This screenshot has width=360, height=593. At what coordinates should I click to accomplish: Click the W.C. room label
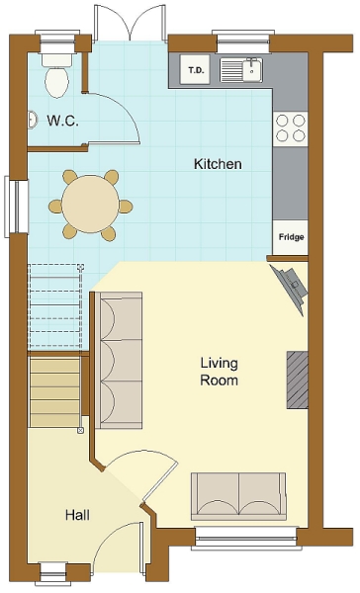(63, 121)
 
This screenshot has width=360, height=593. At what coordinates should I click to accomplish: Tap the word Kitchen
(218, 164)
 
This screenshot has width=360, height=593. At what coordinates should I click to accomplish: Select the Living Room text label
(219, 372)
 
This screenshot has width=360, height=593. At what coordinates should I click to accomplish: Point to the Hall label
(77, 515)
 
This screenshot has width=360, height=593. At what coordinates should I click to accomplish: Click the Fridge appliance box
(291, 237)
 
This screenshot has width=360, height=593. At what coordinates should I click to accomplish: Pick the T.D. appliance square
(196, 69)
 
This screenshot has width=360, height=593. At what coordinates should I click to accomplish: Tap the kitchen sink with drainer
(241, 70)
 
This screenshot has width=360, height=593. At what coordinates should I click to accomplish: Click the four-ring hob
(291, 127)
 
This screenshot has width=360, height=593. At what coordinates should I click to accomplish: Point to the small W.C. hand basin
(33, 120)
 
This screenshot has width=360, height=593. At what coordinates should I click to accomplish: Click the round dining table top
(90, 204)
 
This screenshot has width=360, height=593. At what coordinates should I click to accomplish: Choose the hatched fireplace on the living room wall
(297, 380)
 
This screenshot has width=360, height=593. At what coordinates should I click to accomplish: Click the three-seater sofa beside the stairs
(119, 360)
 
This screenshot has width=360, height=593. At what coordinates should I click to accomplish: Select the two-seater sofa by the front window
(238, 496)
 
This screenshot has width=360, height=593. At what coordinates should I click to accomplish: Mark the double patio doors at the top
(130, 23)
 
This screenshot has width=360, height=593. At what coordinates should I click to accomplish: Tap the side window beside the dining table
(16, 207)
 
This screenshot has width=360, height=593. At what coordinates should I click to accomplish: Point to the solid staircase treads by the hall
(54, 393)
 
